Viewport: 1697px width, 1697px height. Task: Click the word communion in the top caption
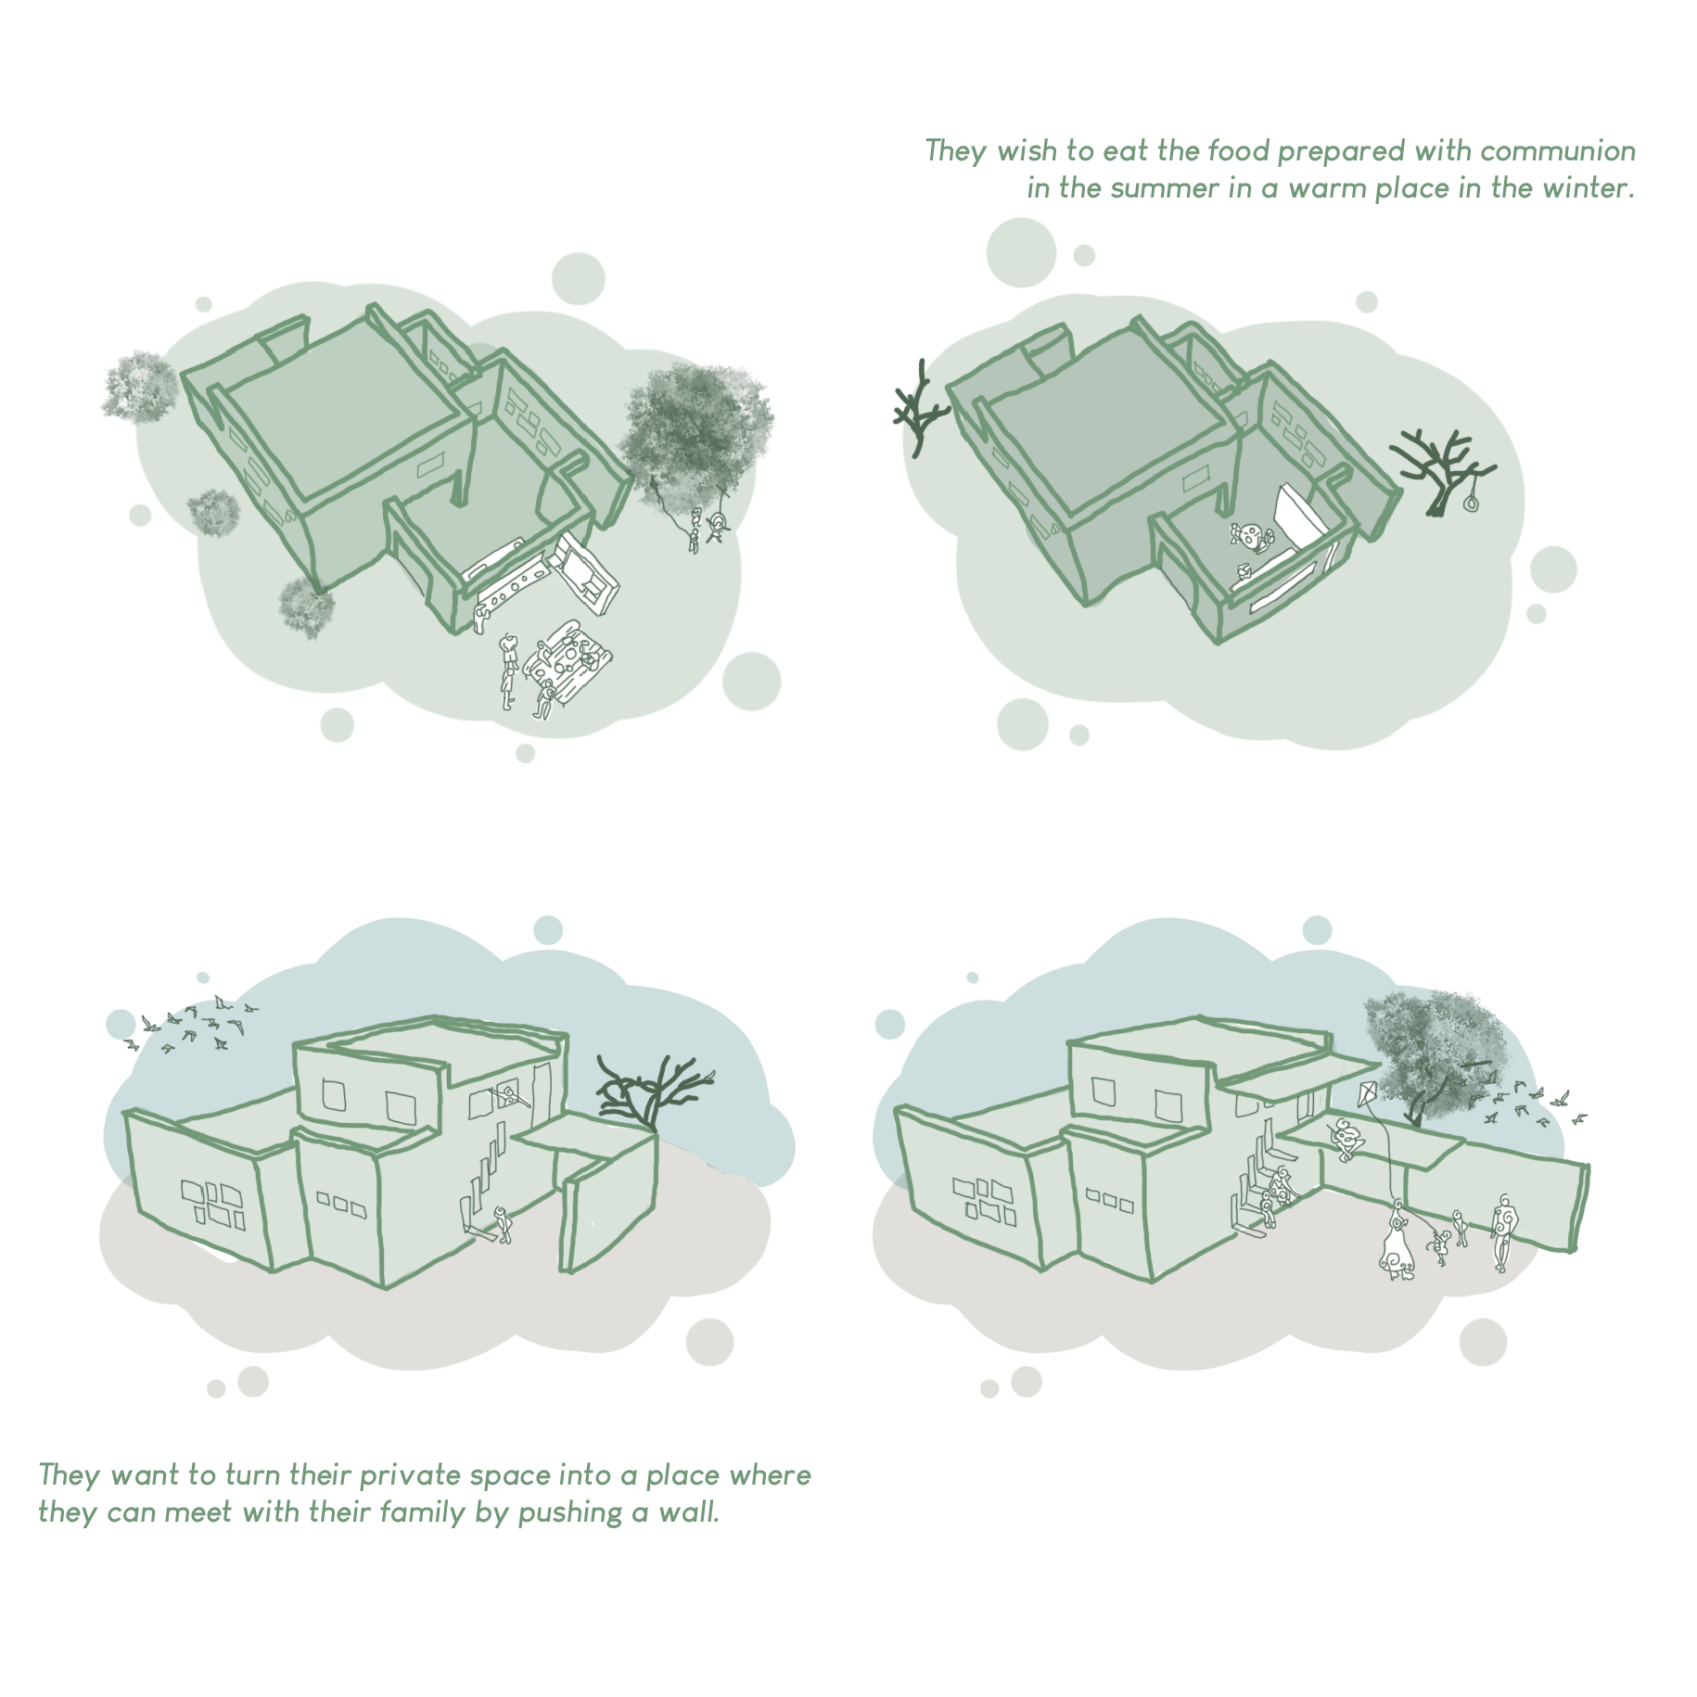[x=1558, y=150]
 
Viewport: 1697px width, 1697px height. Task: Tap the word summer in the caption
[x=1165, y=188]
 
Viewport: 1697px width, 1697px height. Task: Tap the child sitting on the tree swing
[x=716, y=528]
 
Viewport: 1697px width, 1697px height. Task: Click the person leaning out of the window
[x=511, y=1096]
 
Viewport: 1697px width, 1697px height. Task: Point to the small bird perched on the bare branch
[x=711, y=1076]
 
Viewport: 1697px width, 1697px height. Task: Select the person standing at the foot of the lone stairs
[x=504, y=1224]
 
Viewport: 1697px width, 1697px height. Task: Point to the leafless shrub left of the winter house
[x=920, y=409]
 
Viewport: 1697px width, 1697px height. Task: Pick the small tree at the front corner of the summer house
[x=306, y=607]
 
